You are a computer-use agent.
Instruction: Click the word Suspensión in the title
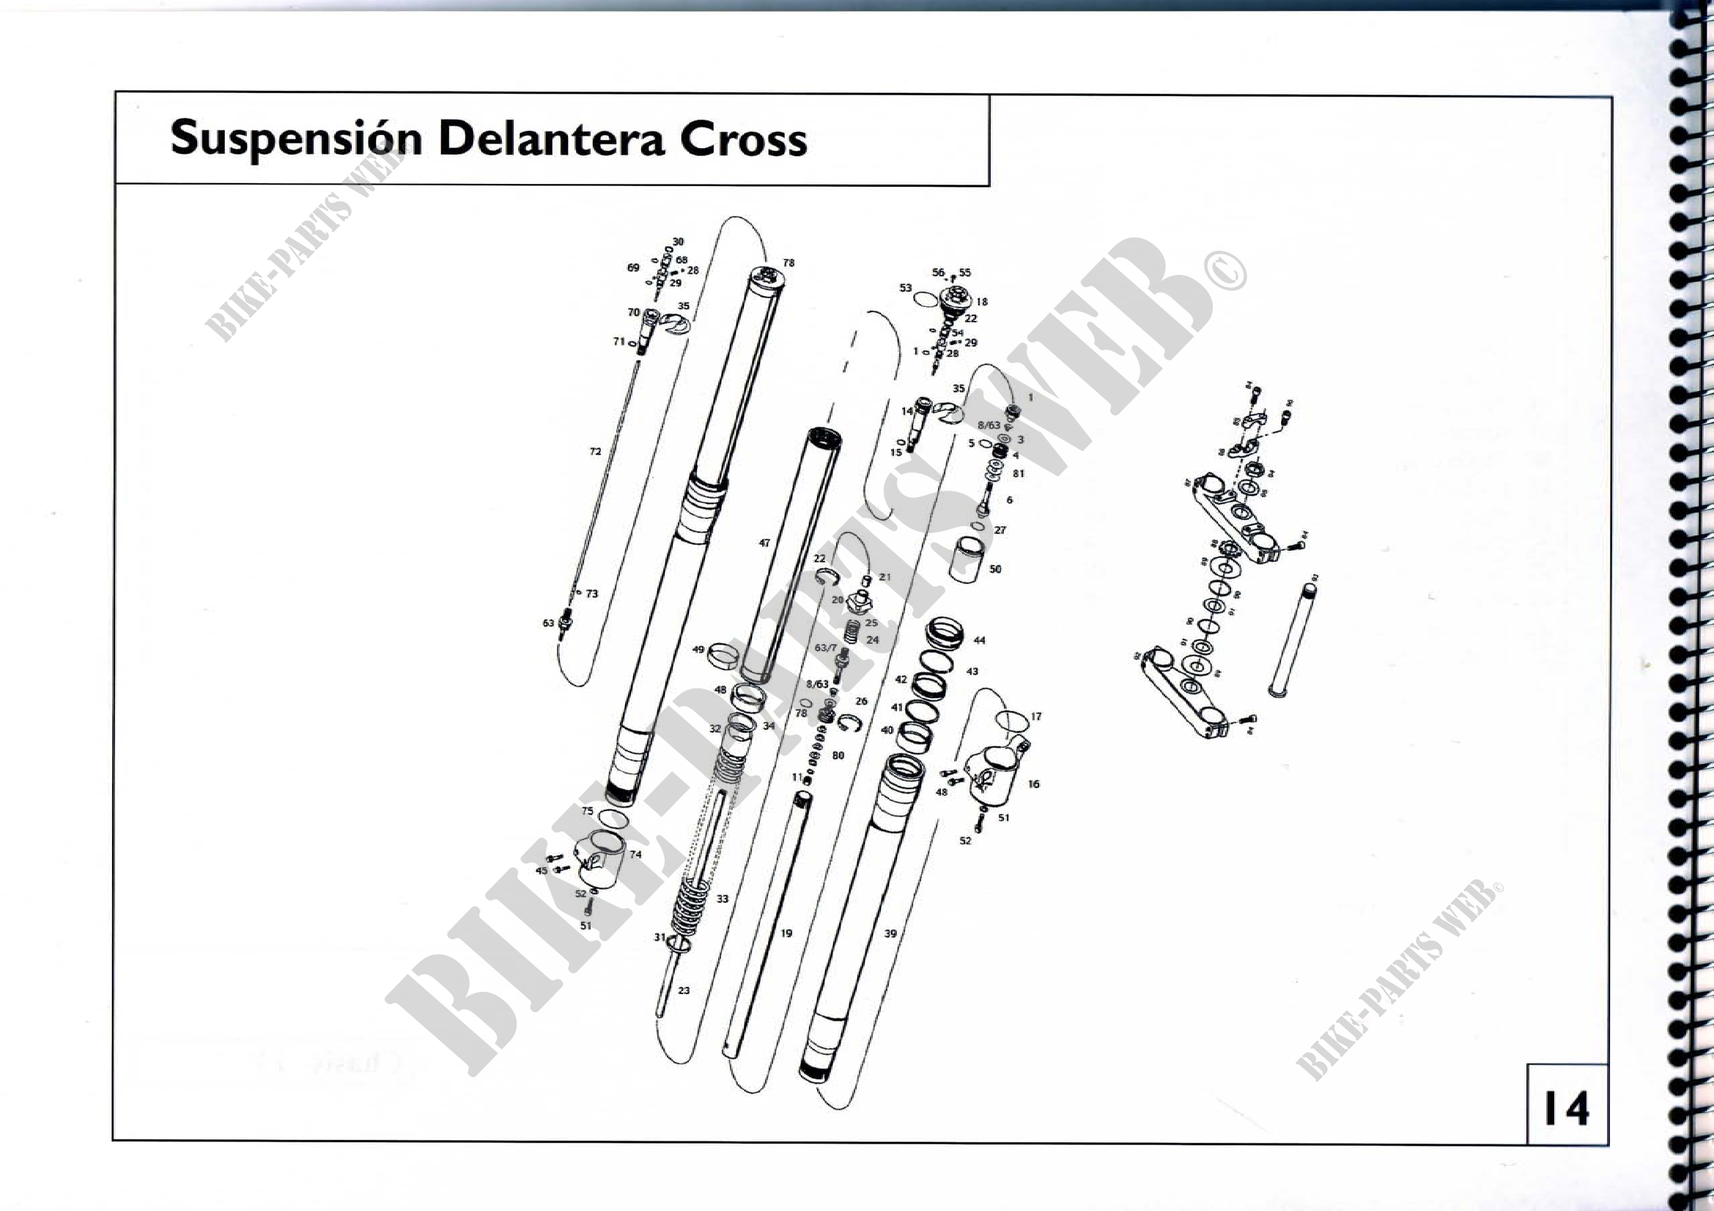click(296, 138)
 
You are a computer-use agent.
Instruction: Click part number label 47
click(764, 543)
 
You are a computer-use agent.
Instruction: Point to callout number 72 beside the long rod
click(595, 451)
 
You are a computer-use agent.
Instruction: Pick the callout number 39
click(890, 933)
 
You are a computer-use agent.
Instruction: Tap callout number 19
click(786, 933)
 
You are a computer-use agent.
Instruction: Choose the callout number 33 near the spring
click(722, 899)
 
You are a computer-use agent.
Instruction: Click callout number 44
click(980, 640)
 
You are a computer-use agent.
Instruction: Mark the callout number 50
click(995, 569)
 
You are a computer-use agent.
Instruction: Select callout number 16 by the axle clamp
click(1033, 784)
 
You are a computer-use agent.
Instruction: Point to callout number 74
click(635, 854)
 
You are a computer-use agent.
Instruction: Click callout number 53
click(906, 288)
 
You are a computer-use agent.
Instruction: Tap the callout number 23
click(684, 991)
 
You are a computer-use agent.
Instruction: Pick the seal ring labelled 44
click(945, 633)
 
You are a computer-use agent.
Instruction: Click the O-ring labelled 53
click(926, 299)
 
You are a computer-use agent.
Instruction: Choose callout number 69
click(633, 268)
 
